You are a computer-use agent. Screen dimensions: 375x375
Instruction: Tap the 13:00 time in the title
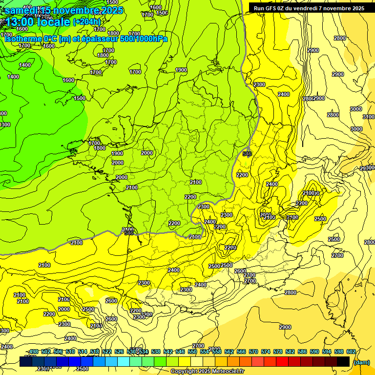(21, 21)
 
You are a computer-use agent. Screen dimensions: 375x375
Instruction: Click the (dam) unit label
(361, 362)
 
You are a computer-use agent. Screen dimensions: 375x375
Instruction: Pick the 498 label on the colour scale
(34, 352)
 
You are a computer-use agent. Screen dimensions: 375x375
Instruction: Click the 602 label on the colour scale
(351, 352)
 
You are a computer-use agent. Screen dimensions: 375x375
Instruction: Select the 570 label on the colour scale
(253, 352)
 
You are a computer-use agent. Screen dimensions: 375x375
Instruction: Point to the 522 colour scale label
(107, 352)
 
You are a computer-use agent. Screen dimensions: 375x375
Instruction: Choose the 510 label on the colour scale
(70, 352)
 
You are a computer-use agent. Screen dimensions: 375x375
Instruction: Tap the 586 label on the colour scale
(302, 352)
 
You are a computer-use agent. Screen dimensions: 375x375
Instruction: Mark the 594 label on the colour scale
(327, 352)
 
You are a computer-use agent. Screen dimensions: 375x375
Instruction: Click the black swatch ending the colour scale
(343, 361)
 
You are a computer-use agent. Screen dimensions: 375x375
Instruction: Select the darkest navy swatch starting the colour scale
(26, 361)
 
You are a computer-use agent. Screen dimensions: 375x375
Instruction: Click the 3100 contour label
(369, 117)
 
